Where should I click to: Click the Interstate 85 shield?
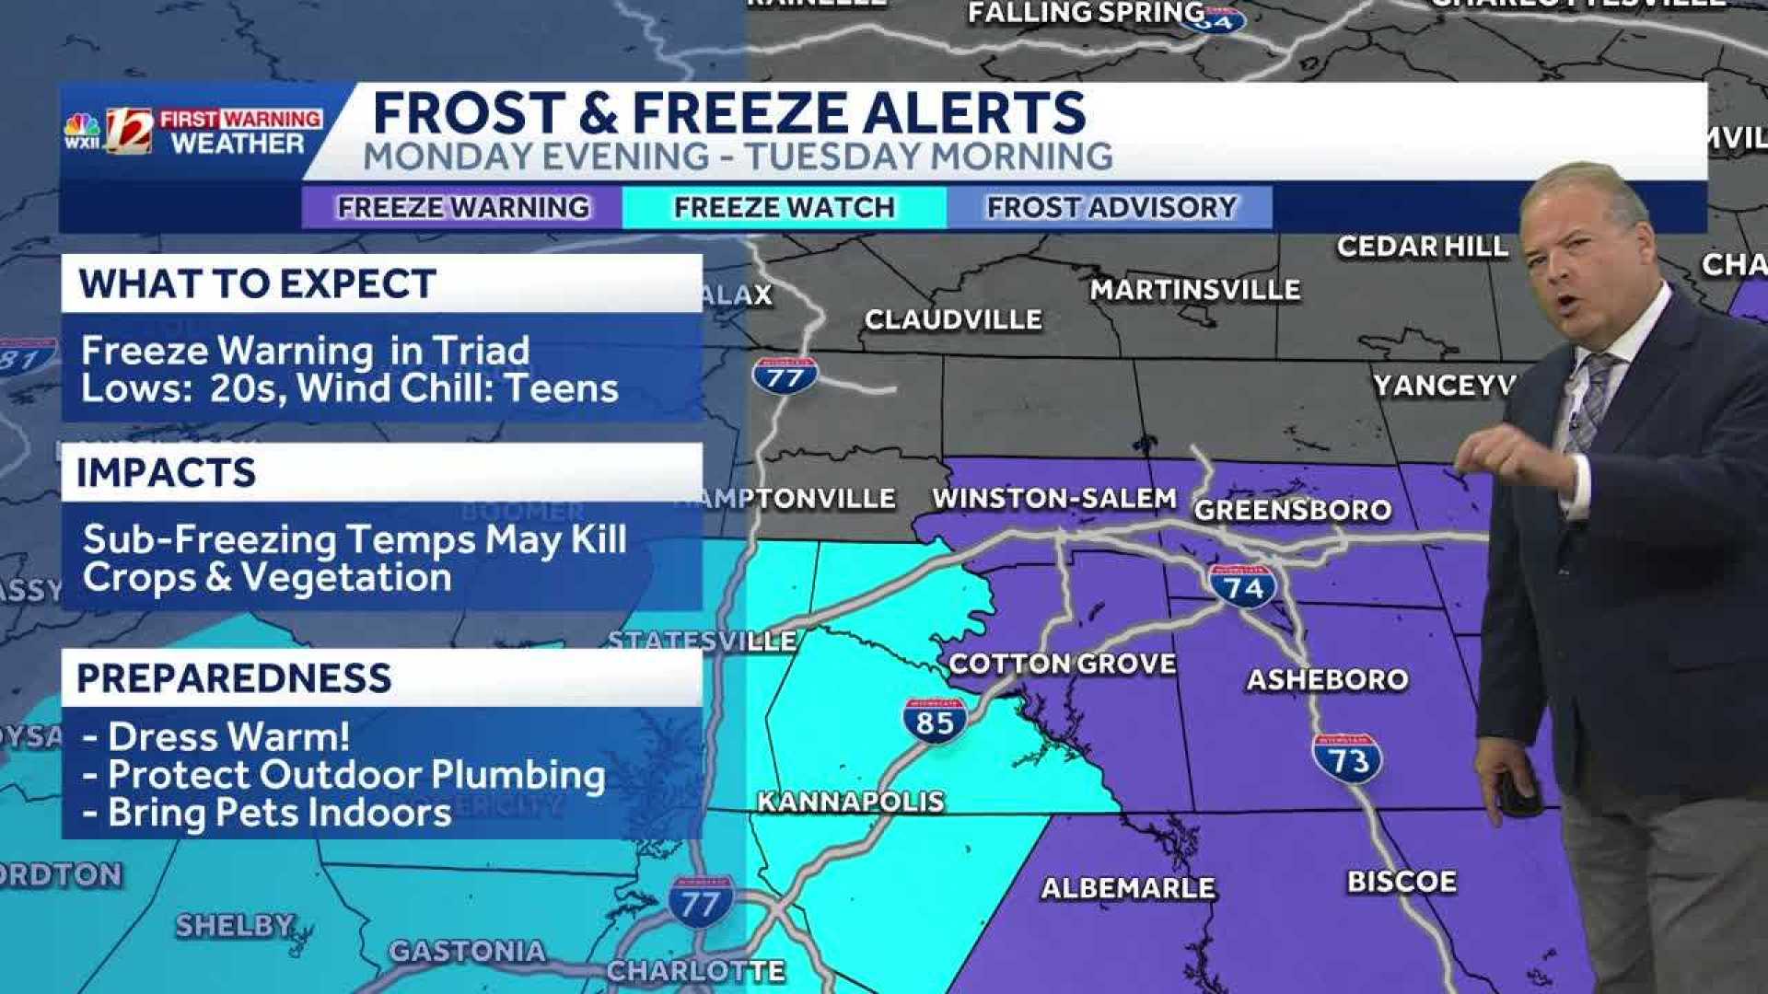coord(934,721)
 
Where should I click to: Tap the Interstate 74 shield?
coord(1242,586)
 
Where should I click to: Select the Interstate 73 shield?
coord(1346,758)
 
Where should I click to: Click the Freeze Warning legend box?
coord(462,207)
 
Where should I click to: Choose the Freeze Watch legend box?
coord(784,207)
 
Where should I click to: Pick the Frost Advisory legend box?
coord(1111,207)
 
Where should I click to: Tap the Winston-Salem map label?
coord(1053,498)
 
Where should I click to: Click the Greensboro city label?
coord(1292,510)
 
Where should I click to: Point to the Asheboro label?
coord(1327,679)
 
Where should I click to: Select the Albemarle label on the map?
coord(1128,887)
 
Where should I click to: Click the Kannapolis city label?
coord(850,801)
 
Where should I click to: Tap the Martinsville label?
coord(1194,290)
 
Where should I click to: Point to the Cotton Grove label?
coord(1062,664)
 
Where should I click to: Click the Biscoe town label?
coord(1401,881)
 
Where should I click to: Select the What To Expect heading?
coord(257,283)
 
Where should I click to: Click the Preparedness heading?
coord(234,677)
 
